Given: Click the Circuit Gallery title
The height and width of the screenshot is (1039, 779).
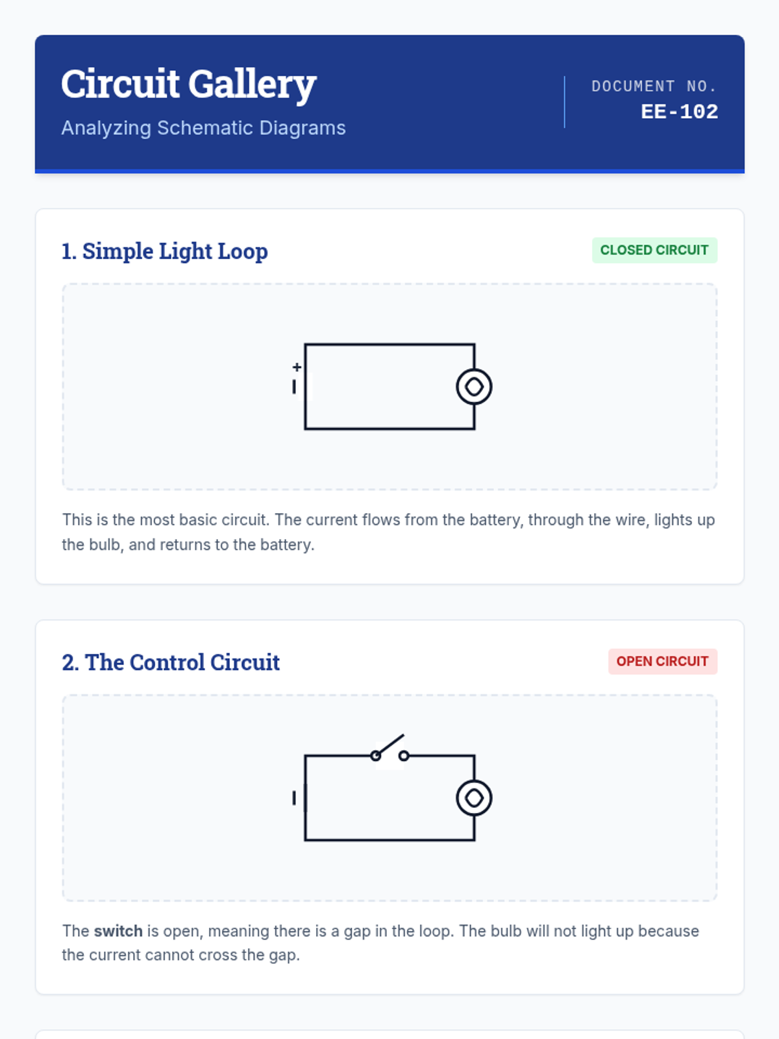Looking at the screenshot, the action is point(189,84).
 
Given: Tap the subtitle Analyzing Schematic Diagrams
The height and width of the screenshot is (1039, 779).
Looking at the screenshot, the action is point(203,128).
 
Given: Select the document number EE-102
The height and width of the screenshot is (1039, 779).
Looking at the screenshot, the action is point(679,112).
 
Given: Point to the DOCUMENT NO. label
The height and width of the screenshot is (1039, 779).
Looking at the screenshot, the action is point(654,86).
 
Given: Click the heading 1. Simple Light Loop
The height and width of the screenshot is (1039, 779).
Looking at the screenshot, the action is point(165,251).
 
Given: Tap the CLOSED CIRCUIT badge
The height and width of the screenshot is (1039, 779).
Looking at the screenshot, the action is point(654,250).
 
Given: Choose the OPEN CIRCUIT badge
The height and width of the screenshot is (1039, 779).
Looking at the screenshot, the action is point(662,661).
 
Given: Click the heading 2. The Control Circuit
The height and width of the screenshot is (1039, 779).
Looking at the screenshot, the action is point(171,662).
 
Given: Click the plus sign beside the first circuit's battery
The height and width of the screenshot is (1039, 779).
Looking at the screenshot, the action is point(297,367).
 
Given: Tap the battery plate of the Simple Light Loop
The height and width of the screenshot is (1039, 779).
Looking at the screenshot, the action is point(294,387).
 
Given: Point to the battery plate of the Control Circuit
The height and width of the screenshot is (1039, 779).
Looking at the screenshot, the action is point(294,798).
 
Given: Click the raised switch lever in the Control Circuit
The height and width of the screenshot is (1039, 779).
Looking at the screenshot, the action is point(389,745).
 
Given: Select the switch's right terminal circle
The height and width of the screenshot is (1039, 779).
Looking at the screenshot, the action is point(403,756).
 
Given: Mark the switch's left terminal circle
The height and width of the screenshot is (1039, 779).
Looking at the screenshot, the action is point(376,756).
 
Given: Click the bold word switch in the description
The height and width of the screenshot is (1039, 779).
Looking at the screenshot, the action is point(118,931).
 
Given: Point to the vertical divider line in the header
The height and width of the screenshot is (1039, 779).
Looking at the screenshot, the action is point(564,102).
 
